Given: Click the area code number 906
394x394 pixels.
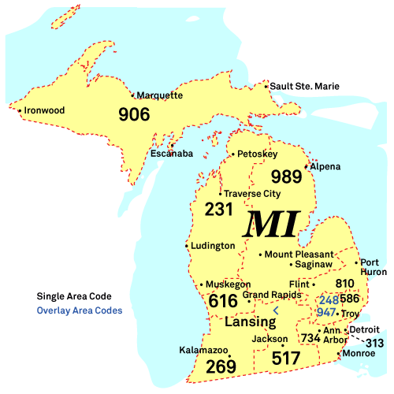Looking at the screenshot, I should (134, 114).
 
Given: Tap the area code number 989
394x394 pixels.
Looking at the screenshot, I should (286, 176).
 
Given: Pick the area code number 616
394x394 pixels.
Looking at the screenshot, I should (223, 301).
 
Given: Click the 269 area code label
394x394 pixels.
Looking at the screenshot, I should (221, 366).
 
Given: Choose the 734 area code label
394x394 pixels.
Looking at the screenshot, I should (311, 338).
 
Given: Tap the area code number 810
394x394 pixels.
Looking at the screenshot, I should (345, 284).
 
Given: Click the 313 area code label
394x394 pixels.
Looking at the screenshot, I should (375, 343).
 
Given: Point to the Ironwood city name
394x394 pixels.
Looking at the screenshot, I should (44, 110).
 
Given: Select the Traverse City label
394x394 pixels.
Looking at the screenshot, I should (252, 193).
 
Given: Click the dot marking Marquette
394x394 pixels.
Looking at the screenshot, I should (132, 95).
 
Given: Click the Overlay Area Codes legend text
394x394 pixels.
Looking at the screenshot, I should (80, 310).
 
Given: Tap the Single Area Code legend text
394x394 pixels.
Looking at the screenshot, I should (74, 296).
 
